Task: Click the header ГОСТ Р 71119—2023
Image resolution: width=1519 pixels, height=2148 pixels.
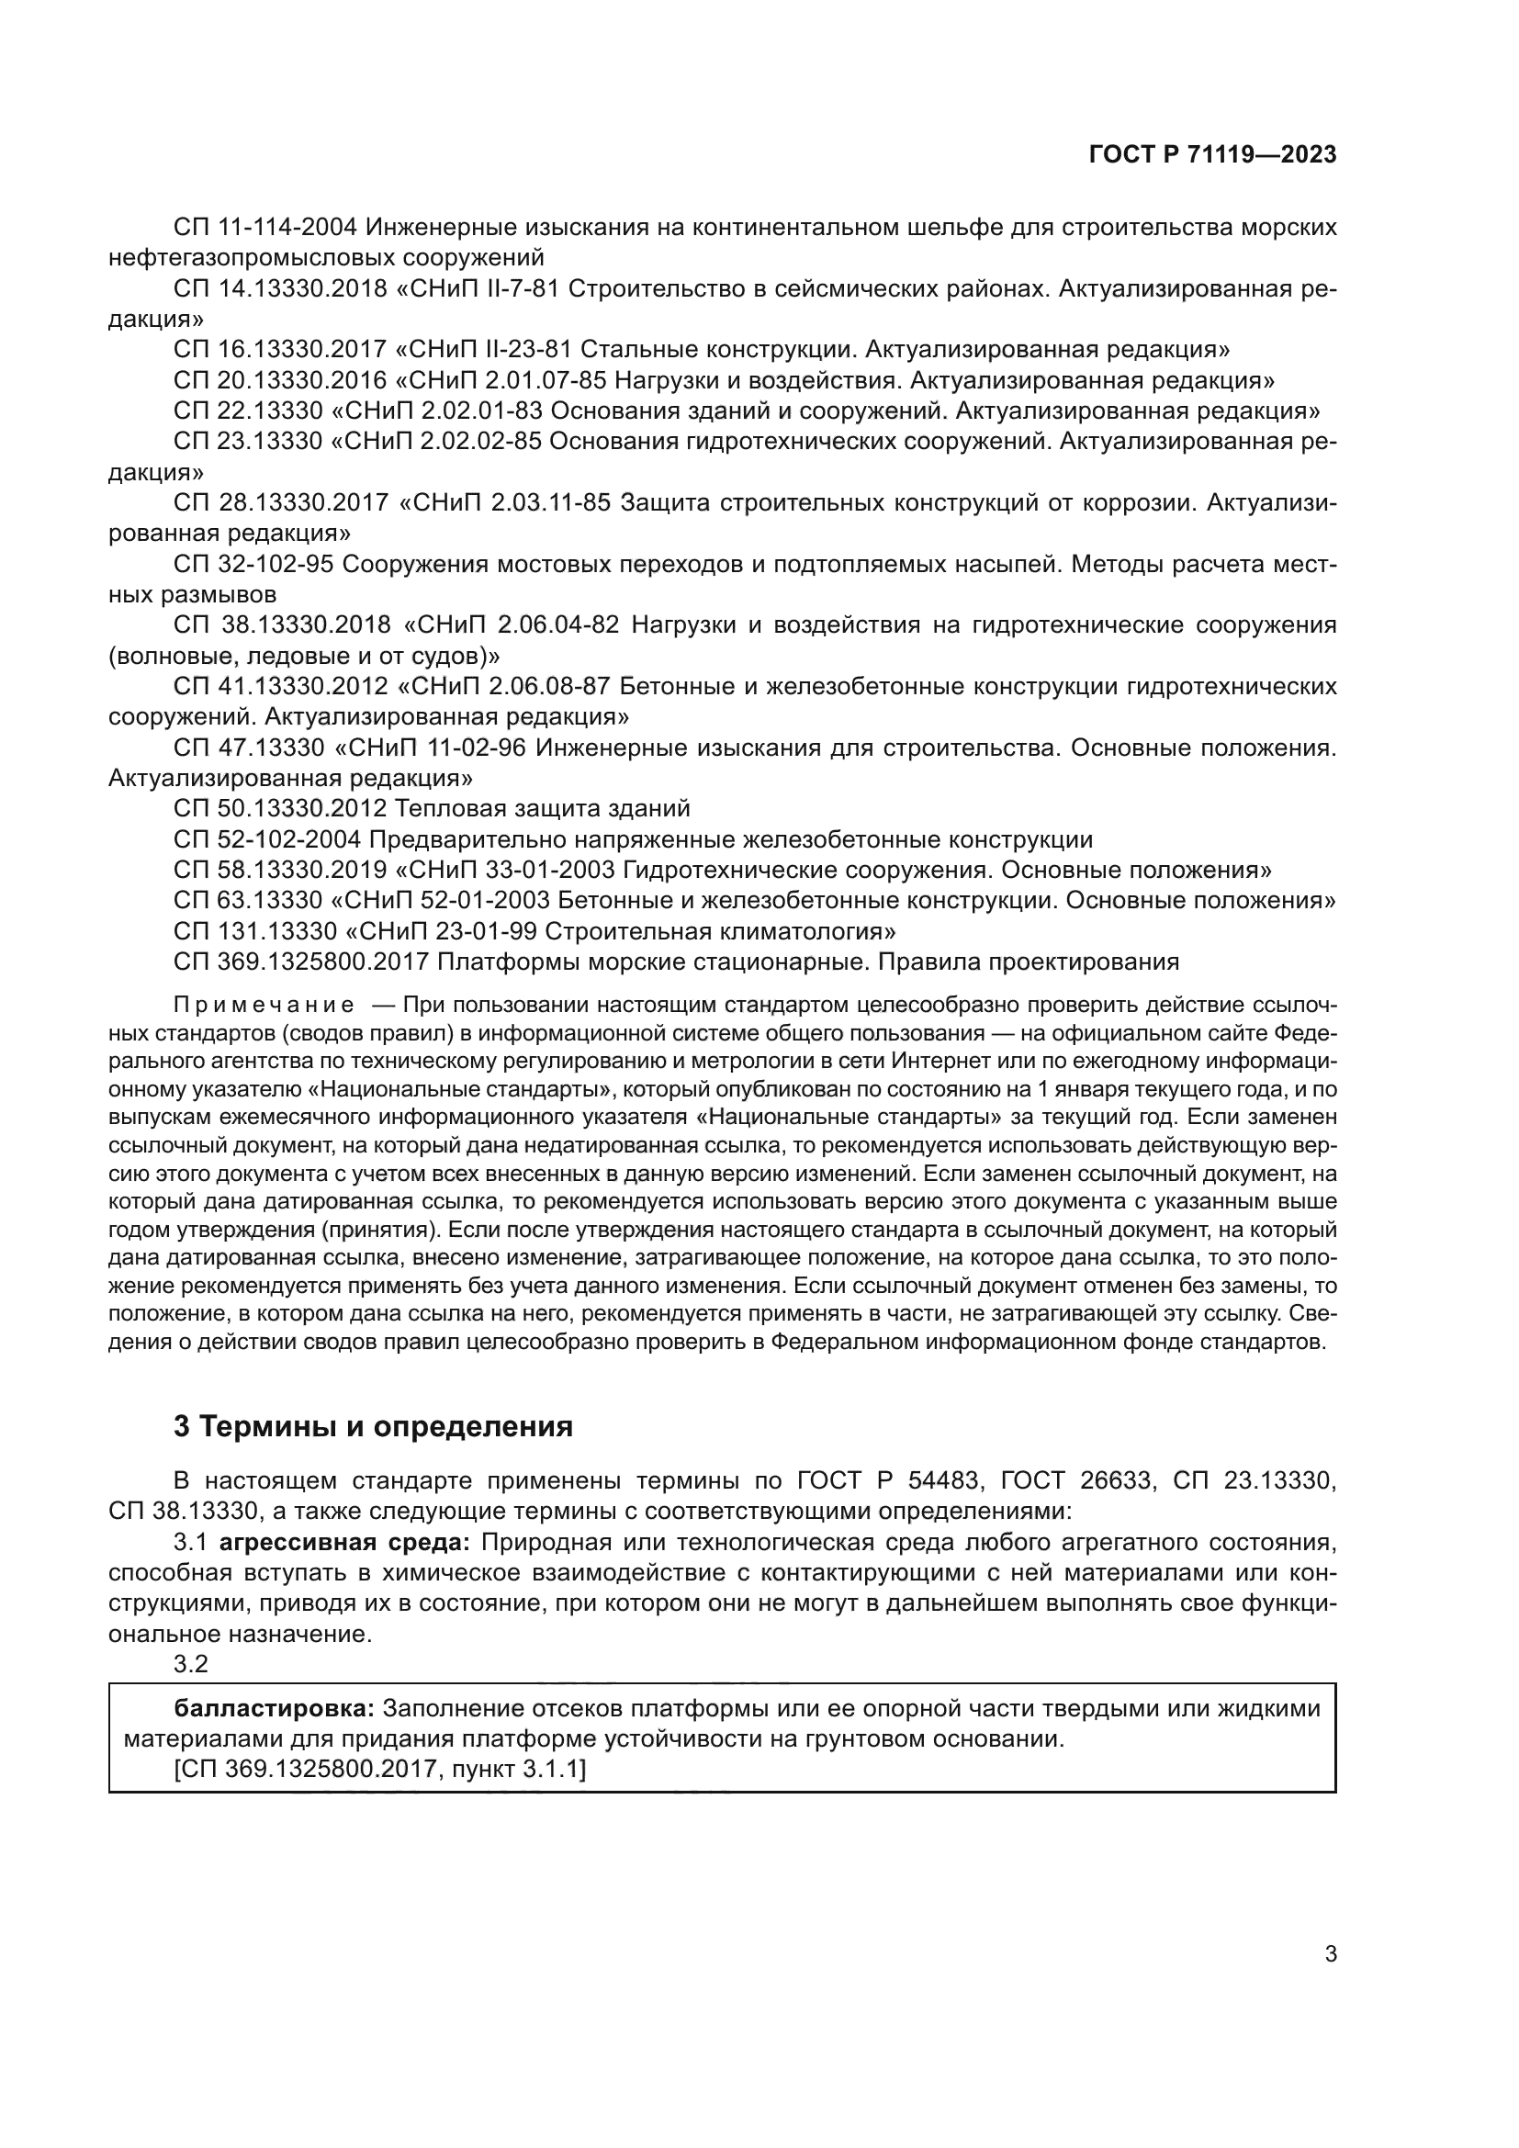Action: pyautogui.click(x=1212, y=154)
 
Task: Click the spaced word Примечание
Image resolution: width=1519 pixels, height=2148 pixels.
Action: pyautogui.click(x=264, y=1005)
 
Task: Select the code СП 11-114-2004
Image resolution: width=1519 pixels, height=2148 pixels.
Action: pyautogui.click(x=266, y=228)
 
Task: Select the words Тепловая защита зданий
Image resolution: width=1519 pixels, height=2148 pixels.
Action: pyautogui.click(x=543, y=808)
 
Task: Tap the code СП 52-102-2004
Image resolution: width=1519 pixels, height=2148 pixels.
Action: pyautogui.click(x=266, y=839)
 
